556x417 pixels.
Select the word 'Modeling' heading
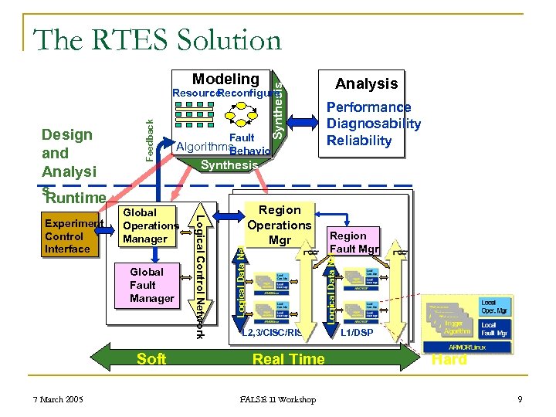[x=225, y=79]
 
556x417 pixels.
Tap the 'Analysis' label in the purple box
[x=366, y=83]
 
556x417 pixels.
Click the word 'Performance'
[x=368, y=107]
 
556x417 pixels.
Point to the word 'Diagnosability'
[x=374, y=124]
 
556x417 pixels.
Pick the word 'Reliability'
[x=359, y=141]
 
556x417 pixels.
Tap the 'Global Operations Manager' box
[x=150, y=225]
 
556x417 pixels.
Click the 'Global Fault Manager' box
[x=151, y=285]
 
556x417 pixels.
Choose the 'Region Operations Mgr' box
[x=280, y=225]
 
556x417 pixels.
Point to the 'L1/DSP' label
[x=357, y=332]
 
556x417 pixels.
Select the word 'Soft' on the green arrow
[x=151, y=358]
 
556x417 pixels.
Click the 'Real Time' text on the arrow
[x=289, y=358]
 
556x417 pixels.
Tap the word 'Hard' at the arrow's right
[x=449, y=360]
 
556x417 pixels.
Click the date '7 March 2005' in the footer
[x=58, y=399]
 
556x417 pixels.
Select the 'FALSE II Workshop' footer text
[x=278, y=399]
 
